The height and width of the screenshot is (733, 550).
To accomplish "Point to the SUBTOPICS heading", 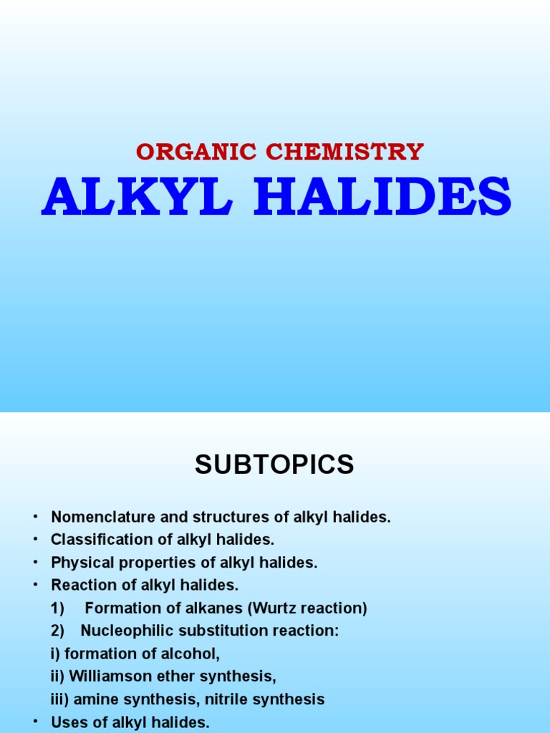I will [274, 465].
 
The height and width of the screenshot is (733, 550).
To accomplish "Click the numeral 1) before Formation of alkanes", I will [57, 608].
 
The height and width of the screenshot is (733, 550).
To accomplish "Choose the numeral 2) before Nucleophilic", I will [57, 631].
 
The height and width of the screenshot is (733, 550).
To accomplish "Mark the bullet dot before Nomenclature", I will [34, 518].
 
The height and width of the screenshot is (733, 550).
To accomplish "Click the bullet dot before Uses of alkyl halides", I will [34, 722].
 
